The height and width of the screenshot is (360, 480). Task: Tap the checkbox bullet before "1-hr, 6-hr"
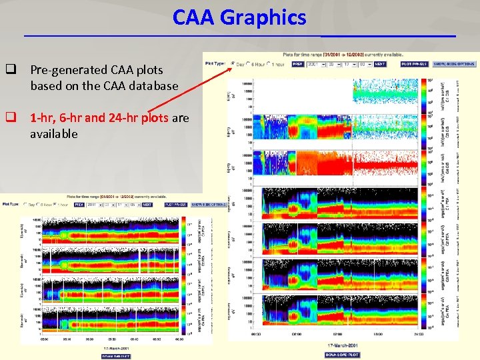(11, 118)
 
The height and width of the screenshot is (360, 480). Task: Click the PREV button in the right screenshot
(297, 64)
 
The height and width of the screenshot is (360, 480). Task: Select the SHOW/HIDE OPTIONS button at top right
(453, 64)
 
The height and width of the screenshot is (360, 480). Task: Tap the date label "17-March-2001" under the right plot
(342, 345)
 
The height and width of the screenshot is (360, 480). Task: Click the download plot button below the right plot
(342, 355)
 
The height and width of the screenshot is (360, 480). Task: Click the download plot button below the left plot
(116, 355)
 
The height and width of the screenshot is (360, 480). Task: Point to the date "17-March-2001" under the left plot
(116, 347)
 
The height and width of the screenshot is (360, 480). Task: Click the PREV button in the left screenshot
(79, 205)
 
